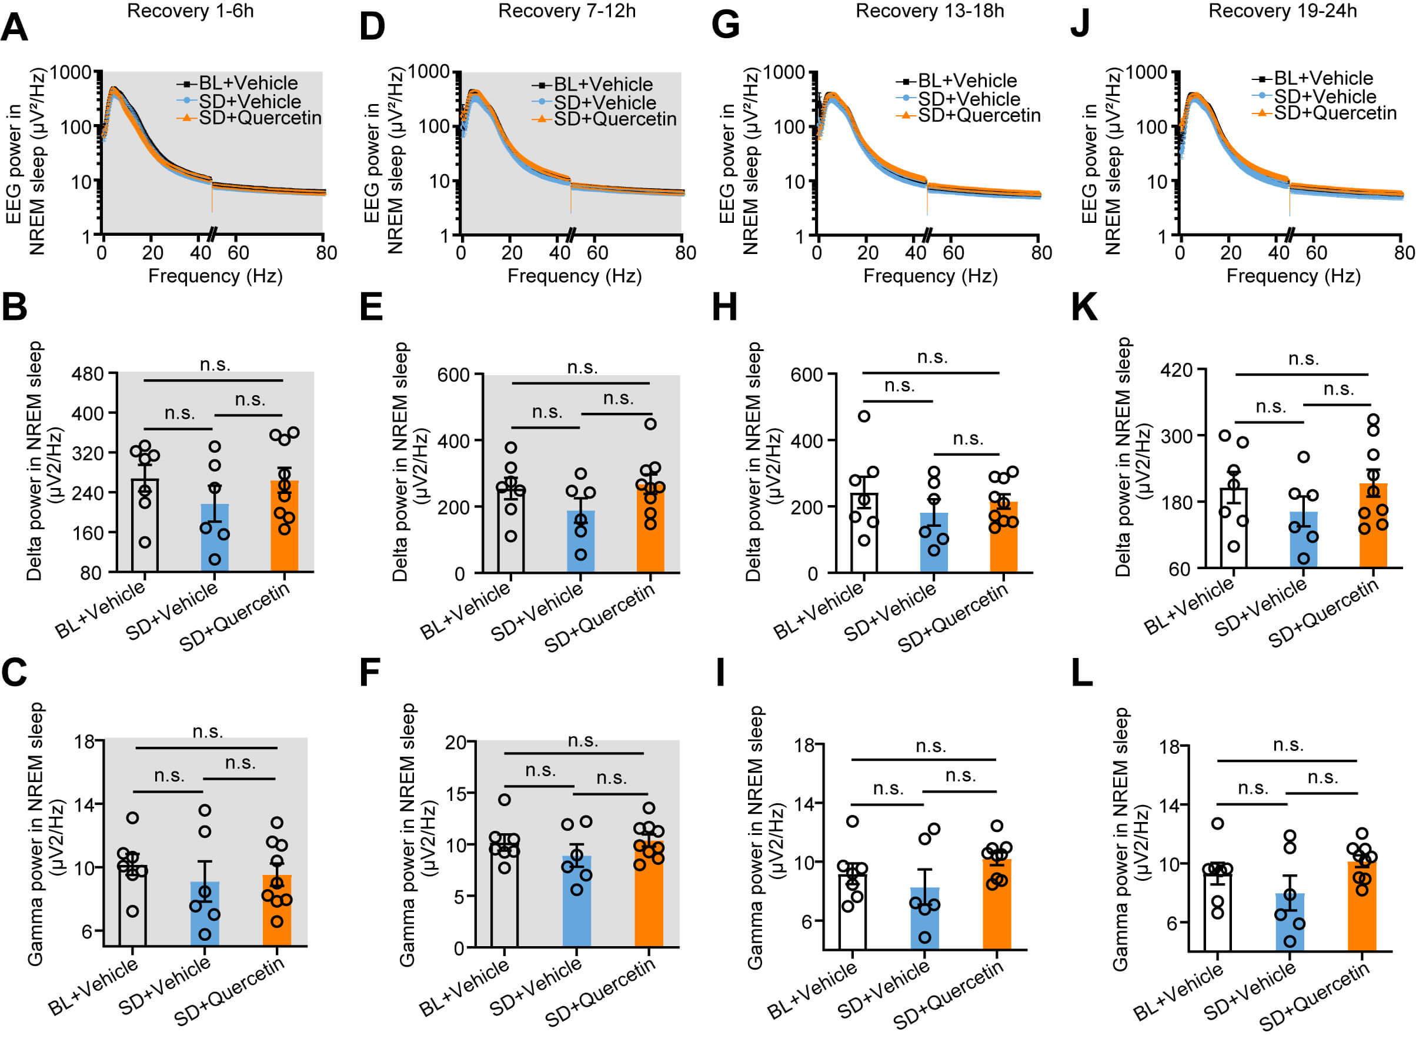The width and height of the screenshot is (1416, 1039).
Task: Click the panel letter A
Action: click(15, 28)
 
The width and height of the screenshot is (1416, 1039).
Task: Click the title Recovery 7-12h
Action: click(566, 11)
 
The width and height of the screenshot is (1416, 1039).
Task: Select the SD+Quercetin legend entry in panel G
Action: click(978, 116)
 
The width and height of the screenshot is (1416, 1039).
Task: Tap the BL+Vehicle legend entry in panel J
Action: click(1323, 79)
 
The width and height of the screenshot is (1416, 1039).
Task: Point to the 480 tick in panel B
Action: click(88, 374)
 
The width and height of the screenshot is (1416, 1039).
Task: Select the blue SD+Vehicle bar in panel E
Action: click(580, 541)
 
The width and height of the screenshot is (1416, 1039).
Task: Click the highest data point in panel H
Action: click(864, 416)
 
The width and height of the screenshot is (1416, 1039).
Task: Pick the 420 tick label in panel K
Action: click(1176, 370)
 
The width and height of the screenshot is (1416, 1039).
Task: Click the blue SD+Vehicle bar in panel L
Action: click(1290, 921)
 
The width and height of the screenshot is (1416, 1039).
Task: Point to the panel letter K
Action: click(1084, 308)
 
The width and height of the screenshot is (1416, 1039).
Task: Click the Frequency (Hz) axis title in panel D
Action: click(575, 276)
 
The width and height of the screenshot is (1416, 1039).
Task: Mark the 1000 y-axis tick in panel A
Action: click(71, 72)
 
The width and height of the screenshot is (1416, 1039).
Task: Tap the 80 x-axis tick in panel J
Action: click(1404, 253)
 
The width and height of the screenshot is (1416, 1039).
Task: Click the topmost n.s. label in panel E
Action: click(582, 368)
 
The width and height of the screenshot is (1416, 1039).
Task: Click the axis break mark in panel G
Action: click(927, 235)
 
